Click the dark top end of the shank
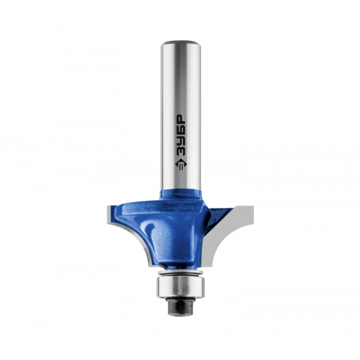pyautogui.click(x=181, y=43)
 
